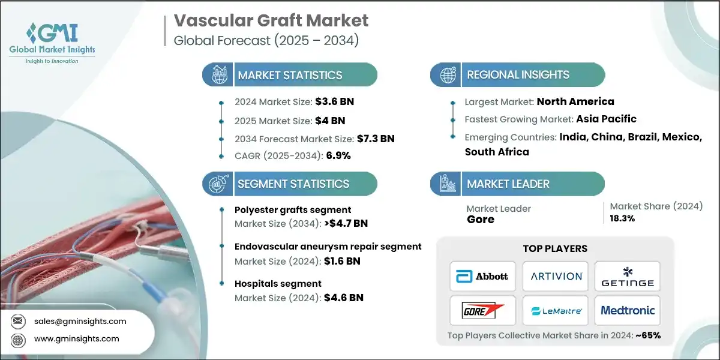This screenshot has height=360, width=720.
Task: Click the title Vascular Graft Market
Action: [271, 20]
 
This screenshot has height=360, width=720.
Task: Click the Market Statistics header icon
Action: [217, 75]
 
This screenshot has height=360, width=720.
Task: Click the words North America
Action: [575, 101]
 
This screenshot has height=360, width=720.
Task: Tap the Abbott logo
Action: [482, 276]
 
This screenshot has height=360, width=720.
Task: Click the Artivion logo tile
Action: [555, 276]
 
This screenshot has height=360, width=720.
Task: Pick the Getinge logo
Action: [627, 276]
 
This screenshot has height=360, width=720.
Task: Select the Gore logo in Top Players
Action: [482, 310]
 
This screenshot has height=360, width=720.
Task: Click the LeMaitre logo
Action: [555, 310]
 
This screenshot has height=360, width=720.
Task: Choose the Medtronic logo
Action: [627, 310]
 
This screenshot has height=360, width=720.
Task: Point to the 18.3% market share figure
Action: [623, 218]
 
